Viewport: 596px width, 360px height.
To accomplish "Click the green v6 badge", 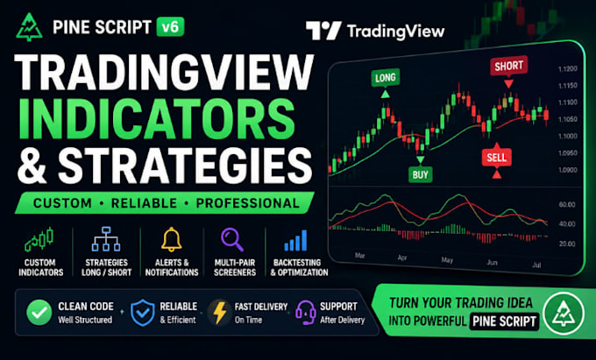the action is pos(171,27).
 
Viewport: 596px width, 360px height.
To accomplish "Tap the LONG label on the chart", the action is pos(385,78).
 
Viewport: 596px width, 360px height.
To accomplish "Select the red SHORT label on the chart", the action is pos(508,67).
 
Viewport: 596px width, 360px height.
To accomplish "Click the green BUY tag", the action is pos(420,174).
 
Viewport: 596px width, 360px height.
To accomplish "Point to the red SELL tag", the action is pos(496,158).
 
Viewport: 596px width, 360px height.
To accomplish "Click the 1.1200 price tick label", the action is pos(567,69).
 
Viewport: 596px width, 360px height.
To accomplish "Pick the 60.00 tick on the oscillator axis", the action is pos(567,205).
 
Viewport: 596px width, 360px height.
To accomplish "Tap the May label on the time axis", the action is pos(447,260).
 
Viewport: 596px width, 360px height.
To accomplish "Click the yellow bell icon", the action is pos(172,239).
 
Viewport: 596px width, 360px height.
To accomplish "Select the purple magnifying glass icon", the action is pos(232,239).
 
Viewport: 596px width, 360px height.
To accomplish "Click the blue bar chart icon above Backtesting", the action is pos(295,240).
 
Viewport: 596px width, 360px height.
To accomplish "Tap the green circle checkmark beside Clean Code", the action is pos(39,312).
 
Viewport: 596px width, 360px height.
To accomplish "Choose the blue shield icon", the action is pos(143,313).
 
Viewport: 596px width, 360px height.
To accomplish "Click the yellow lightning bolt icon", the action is pos(220,313).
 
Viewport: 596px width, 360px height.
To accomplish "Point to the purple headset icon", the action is pos(306,313).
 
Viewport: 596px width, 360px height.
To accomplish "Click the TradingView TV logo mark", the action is pos(323,31).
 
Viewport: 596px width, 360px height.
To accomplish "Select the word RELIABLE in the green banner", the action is pos(144,203).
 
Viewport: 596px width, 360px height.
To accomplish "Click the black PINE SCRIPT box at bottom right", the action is pos(504,321).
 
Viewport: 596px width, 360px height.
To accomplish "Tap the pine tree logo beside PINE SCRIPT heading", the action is pos(29,27).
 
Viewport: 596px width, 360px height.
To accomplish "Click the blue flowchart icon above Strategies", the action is pos(106,239).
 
